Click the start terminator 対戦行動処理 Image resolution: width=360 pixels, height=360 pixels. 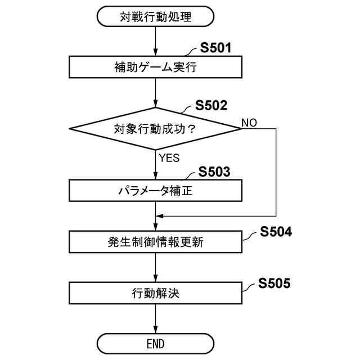point(155,17)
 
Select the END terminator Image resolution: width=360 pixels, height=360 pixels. point(155,343)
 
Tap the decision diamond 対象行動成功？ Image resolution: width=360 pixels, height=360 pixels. point(155,129)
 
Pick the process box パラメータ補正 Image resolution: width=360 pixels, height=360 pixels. point(155,191)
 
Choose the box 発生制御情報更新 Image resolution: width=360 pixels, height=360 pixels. point(155,242)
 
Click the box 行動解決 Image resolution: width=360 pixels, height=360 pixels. point(155,292)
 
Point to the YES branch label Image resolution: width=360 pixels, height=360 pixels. point(169,158)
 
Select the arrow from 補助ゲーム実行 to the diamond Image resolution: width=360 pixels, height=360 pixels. point(155,93)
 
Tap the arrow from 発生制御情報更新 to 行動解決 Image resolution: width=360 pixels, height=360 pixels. point(155,268)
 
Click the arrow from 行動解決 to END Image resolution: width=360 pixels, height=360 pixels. point(155,318)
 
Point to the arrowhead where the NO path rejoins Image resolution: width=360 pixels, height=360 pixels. point(160,215)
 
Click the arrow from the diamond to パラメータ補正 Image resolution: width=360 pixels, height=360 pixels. point(155,165)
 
